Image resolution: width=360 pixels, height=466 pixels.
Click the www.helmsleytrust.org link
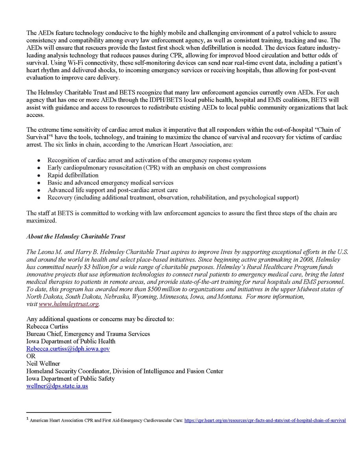pos(69,304)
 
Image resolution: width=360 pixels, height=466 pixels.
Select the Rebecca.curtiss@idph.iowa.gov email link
pos(68,349)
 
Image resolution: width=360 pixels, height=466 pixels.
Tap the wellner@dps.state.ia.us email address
pos(57,386)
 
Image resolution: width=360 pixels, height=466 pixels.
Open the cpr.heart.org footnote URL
pos(265,420)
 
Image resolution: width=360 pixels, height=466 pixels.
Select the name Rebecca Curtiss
pos(47,326)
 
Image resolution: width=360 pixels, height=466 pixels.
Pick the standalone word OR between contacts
pos(31,356)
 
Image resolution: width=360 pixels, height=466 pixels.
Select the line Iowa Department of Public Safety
pos(70,379)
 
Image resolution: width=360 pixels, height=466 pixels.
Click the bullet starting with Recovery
pos(173,198)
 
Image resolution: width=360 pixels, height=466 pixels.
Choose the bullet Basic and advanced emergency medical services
pos(110,183)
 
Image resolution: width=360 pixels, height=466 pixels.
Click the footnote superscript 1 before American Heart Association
pos(28,420)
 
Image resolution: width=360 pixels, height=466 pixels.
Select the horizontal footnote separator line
pos(68,412)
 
